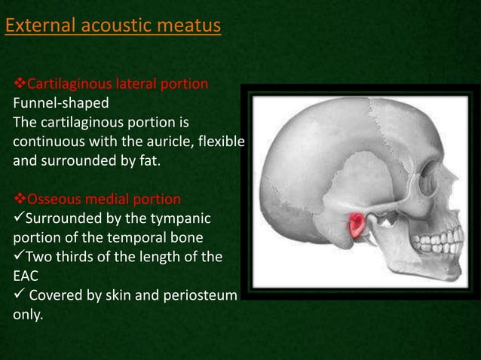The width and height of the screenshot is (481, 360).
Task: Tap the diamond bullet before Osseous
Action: click(x=20, y=200)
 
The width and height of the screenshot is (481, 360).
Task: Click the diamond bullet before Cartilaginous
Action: click(x=20, y=84)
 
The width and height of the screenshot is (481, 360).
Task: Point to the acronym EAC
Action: click(x=26, y=276)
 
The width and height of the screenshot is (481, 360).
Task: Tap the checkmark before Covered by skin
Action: click(x=19, y=294)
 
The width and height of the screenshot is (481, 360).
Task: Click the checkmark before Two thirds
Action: click(x=19, y=257)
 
